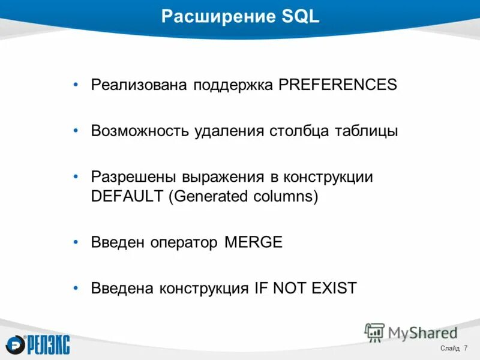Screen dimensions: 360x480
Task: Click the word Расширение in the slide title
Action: [209, 16]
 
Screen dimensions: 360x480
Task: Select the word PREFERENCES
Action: [338, 85]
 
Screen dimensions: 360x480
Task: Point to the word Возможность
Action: [140, 131]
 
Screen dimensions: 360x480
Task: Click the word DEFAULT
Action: [128, 196]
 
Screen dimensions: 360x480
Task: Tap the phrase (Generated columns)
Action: [244, 196]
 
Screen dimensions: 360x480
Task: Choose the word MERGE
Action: [253, 242]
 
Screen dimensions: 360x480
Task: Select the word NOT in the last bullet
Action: [289, 289]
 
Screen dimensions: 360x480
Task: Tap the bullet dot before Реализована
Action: [76, 84]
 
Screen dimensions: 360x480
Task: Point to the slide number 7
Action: [466, 349]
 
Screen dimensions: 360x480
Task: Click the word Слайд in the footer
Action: [449, 349]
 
